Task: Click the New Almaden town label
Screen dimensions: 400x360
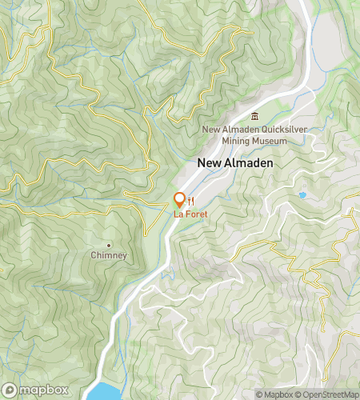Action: [234, 162]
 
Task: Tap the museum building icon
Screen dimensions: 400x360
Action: [255, 117]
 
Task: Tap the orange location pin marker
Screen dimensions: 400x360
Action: [179, 200]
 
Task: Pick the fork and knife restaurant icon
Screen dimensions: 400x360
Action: [191, 200]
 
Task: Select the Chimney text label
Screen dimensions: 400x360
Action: [109, 255]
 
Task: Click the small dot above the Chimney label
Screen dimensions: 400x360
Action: [109, 245]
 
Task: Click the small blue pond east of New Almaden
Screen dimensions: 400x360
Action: [302, 194]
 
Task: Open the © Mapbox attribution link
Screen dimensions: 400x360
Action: [274, 394]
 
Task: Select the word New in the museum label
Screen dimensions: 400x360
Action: [211, 130]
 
